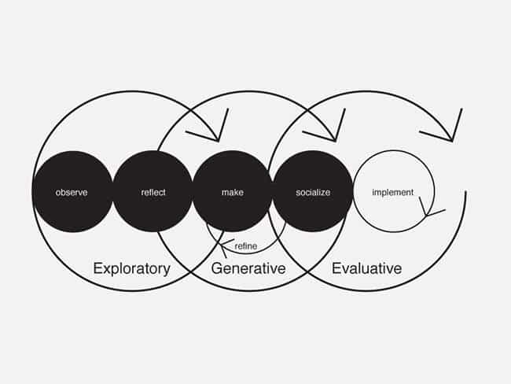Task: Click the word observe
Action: (x=72, y=193)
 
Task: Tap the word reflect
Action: (x=153, y=193)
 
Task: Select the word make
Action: (x=233, y=193)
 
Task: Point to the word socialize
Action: (x=313, y=193)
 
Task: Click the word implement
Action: (x=393, y=193)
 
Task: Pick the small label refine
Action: (x=246, y=246)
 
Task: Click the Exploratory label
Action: (x=131, y=268)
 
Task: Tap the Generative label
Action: (x=248, y=268)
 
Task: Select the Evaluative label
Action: (x=366, y=268)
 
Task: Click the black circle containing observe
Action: (x=72, y=191)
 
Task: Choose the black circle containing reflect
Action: (x=153, y=191)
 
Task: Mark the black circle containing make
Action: (x=233, y=191)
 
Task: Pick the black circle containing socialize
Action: (x=313, y=191)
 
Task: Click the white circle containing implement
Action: (x=394, y=191)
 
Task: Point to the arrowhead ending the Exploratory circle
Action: (x=219, y=141)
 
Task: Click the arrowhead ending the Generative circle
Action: (x=335, y=141)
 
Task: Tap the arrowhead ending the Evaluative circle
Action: (x=452, y=141)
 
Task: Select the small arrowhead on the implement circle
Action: (x=426, y=216)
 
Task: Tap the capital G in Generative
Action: (x=217, y=268)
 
